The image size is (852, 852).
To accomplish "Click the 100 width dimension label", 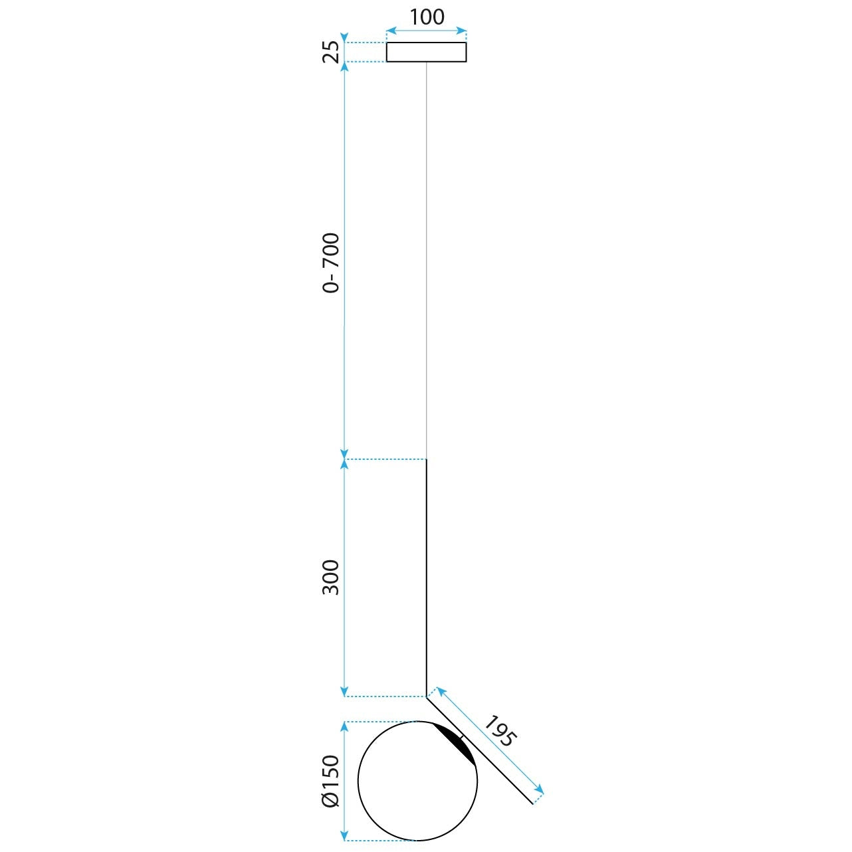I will point(427,17).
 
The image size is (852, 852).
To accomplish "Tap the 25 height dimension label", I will point(331,51).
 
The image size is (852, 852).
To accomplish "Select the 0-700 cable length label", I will point(331,263).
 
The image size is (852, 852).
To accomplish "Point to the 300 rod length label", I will point(331,577).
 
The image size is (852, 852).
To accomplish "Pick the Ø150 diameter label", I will point(331,781).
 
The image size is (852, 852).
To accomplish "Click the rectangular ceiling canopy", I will point(426,52).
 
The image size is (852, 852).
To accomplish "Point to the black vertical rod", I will point(426,578).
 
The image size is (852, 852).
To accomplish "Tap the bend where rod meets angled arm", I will point(426,696).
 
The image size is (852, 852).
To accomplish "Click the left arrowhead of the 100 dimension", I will point(390,31).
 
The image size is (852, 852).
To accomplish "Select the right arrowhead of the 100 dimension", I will point(463,31).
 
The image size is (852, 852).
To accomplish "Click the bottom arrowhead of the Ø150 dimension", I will point(344,837).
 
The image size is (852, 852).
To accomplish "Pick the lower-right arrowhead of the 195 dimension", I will point(540,790).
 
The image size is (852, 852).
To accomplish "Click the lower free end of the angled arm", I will point(532,803).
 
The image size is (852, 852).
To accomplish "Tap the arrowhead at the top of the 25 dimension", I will point(344,37).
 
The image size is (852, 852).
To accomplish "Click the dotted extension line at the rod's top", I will point(385,459).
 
